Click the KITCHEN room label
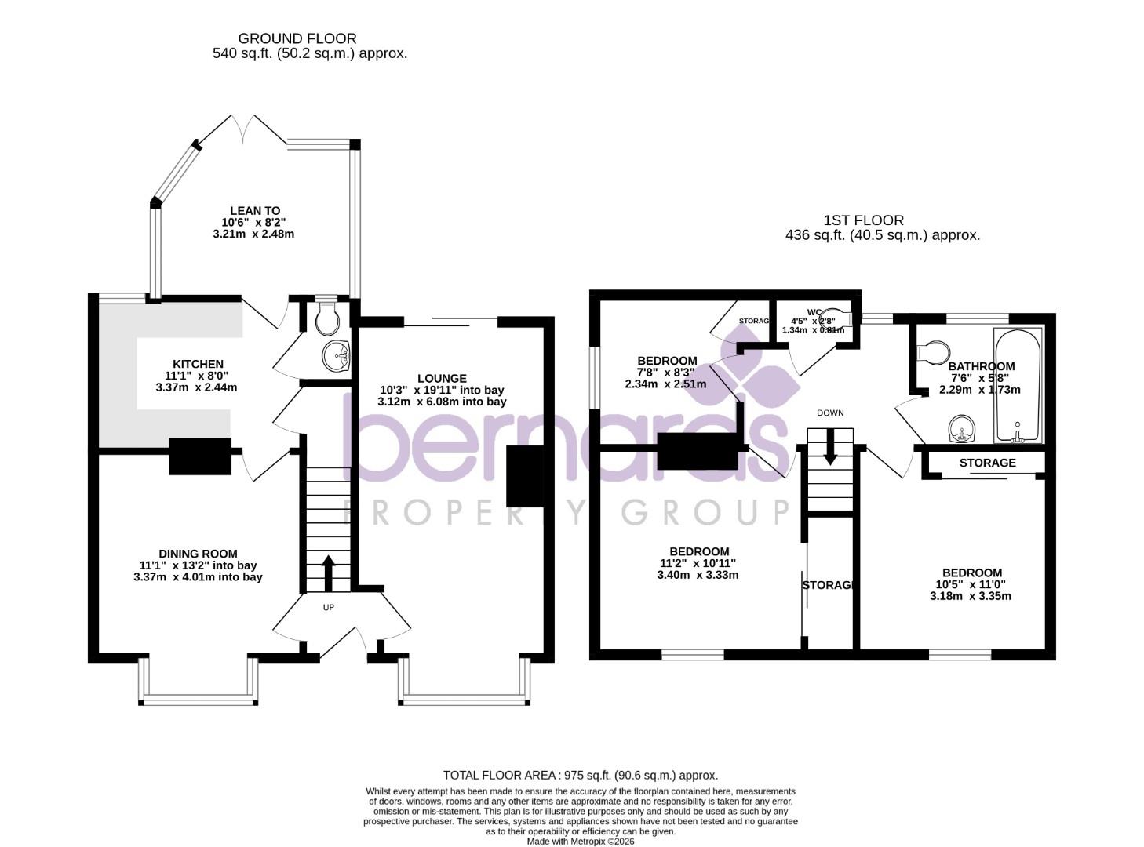(198, 364)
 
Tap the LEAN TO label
(255, 211)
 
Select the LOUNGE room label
(442, 378)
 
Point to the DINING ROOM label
(198, 554)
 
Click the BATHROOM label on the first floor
(981, 366)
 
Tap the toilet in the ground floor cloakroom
(326, 318)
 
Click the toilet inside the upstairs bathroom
(933, 352)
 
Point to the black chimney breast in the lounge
(524, 476)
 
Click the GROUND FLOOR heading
(297, 38)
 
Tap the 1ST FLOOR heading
(863, 220)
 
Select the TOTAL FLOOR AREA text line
(581, 775)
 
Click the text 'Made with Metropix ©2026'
(581, 842)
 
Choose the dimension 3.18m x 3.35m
(971, 596)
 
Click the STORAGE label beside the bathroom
(987, 463)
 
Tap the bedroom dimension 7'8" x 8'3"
(665, 373)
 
